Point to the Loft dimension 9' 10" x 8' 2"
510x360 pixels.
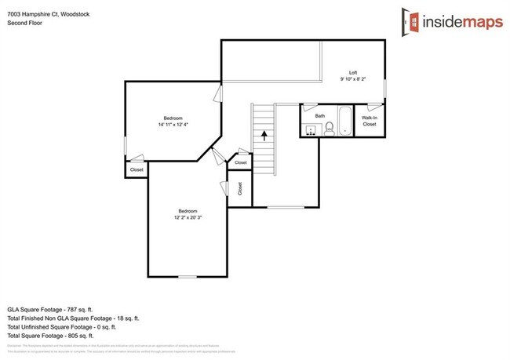click(x=352, y=79)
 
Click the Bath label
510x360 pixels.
click(x=320, y=116)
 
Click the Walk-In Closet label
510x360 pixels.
click(x=369, y=121)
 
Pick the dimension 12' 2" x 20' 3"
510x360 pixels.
click(x=188, y=216)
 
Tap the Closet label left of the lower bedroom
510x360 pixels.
click(x=137, y=169)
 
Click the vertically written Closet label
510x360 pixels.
click(x=239, y=189)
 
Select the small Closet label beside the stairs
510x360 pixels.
click(x=240, y=162)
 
